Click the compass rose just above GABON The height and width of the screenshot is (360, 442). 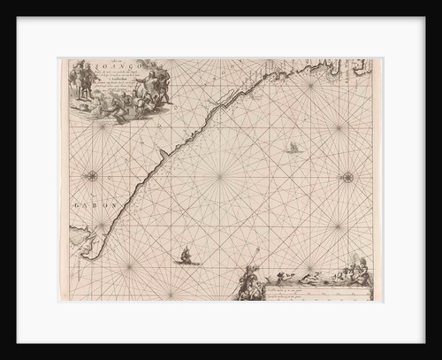point(93,175)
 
